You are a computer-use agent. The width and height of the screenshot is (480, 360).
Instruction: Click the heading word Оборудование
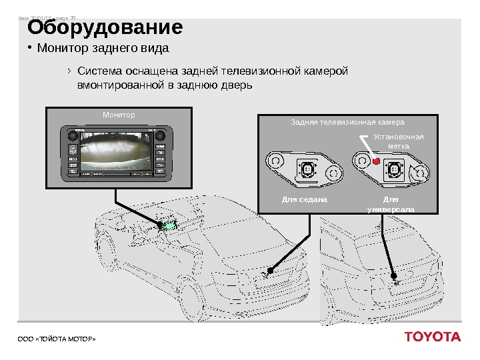tap(104, 28)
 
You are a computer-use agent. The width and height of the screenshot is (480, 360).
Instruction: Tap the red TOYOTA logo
tap(432, 337)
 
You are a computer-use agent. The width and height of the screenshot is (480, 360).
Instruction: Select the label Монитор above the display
tap(119, 115)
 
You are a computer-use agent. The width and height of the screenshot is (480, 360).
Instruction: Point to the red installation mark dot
tap(376, 162)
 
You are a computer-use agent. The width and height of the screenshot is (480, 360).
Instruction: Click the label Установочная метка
tap(399, 141)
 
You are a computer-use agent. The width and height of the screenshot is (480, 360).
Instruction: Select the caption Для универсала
tap(391, 204)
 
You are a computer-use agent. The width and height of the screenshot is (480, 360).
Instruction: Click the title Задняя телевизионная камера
tap(348, 123)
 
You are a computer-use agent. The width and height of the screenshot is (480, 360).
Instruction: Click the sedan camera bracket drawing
tap(303, 166)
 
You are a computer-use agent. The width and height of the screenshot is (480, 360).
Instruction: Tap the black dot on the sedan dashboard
tap(160, 225)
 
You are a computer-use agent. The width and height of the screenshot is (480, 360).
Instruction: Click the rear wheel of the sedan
tap(188, 297)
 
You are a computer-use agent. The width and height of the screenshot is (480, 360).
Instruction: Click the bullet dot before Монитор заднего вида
tap(29, 48)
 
